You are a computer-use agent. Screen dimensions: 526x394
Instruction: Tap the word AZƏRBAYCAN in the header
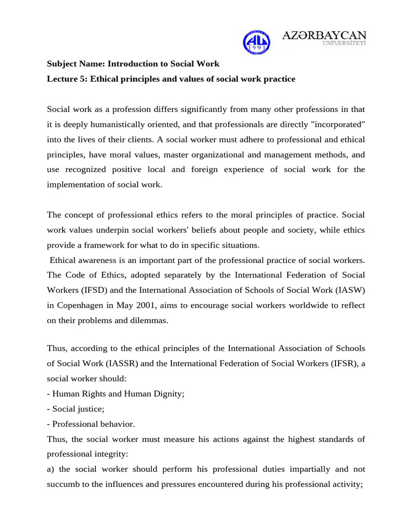pyautogui.click(x=324, y=35)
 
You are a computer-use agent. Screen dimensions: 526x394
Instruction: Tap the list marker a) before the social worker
pyautogui.click(x=52, y=469)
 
